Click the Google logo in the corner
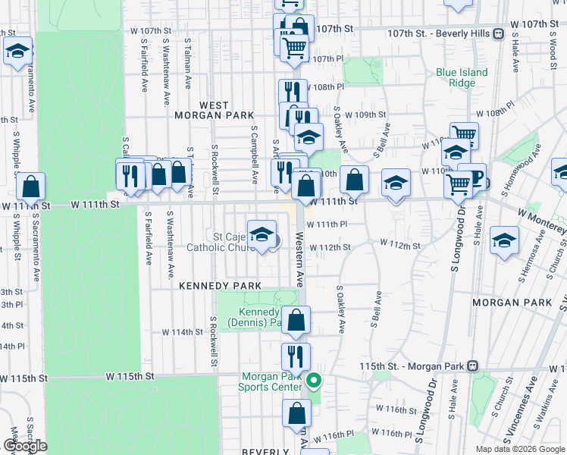[24, 446]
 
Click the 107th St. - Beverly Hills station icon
[498, 33]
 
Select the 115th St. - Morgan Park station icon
[473, 366]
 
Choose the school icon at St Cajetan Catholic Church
[262, 235]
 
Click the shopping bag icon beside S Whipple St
[30, 187]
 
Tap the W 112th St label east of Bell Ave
[400, 246]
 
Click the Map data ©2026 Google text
[519, 449]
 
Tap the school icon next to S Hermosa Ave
[504, 241]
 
